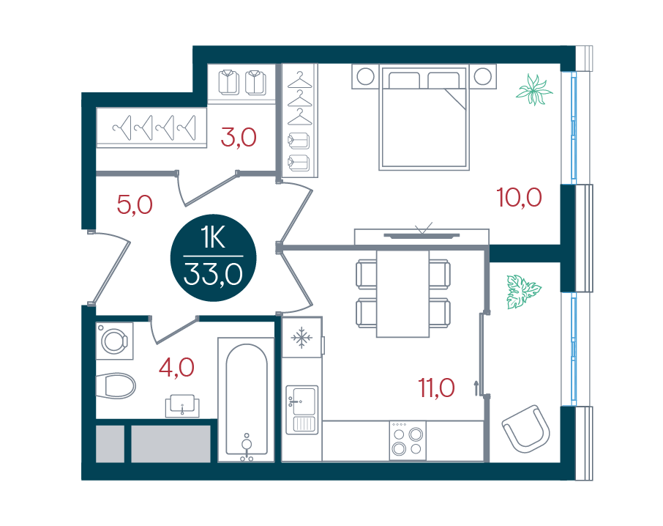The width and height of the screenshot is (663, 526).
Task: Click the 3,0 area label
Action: pos(239,138)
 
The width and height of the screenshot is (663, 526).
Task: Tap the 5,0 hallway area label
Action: pos(135,205)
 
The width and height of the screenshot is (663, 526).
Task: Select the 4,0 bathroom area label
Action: pos(176,367)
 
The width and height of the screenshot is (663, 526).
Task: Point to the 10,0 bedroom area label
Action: pos(519,198)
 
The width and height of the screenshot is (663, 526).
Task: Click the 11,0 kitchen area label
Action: pos(436,388)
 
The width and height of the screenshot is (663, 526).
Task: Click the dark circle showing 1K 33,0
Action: pos(213,258)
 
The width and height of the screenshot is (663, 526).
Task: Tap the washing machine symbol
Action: pos(115,341)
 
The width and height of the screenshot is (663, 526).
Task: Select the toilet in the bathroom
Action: pos(116,385)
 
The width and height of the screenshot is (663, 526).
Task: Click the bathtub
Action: pos(247,399)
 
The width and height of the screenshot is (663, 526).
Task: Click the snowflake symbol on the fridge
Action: pos(301,337)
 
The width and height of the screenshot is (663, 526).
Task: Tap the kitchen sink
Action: pos(302,410)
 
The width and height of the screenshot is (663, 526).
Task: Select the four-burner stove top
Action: pos(408,440)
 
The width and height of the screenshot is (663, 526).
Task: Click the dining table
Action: pos(402,294)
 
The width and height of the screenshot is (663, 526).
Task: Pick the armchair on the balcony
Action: pos(526,429)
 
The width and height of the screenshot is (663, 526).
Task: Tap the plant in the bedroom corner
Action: pos(534,89)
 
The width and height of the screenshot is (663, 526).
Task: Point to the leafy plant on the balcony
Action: pos(523,291)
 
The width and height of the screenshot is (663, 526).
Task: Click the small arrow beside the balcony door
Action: pos(476,388)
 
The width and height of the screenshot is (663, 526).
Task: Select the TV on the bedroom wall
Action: pos(422,235)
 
